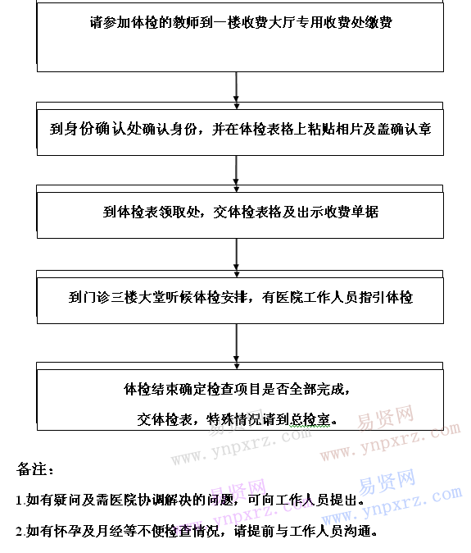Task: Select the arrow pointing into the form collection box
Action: (x=236, y=173)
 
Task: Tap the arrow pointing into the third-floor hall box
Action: (x=236, y=258)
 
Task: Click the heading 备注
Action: (x=34, y=469)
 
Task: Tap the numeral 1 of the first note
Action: (x=19, y=500)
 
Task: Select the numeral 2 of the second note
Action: (x=20, y=531)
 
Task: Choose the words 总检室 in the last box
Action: (x=310, y=420)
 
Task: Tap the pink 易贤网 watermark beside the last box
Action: (x=386, y=418)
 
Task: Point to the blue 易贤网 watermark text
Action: (x=387, y=482)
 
